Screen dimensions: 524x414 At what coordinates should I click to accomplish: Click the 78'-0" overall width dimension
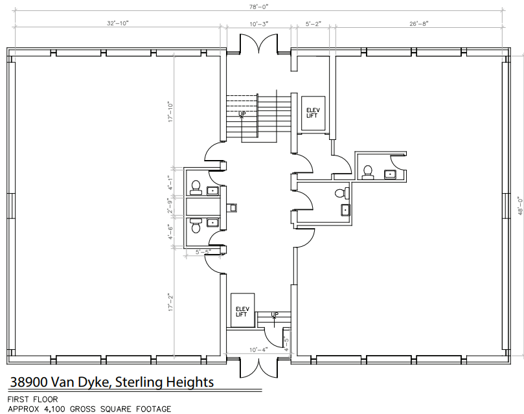click(258, 6)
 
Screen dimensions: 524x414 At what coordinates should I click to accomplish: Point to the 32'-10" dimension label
click(117, 23)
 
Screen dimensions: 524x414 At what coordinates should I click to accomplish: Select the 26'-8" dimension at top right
click(418, 24)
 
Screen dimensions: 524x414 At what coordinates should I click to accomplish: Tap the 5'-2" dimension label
click(313, 24)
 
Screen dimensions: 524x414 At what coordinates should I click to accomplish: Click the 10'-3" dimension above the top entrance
click(258, 24)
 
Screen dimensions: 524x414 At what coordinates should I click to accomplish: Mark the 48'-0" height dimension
click(520, 205)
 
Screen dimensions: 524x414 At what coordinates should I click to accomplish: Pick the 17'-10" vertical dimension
click(171, 111)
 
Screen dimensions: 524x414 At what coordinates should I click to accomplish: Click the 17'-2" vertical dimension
click(171, 303)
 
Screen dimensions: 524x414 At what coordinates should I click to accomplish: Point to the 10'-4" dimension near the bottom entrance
click(258, 350)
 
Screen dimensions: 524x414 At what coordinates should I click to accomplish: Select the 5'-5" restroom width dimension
click(203, 252)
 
